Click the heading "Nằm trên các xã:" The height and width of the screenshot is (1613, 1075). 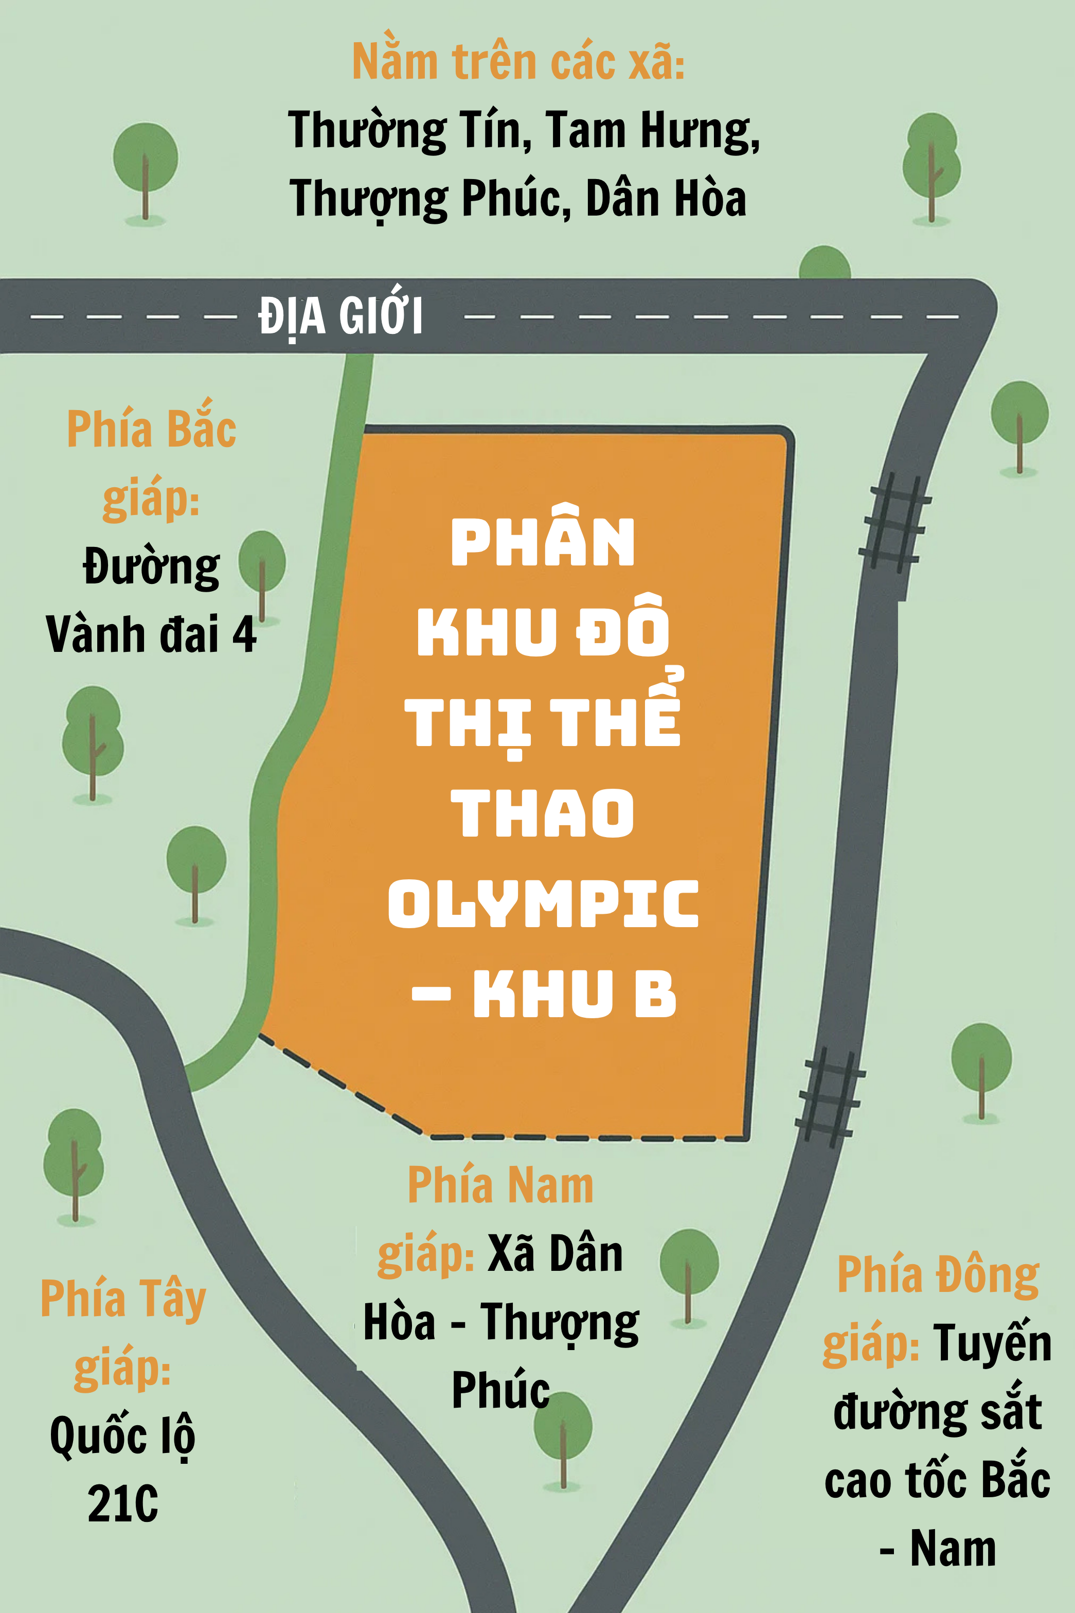click(518, 62)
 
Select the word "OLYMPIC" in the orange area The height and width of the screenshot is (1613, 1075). click(543, 904)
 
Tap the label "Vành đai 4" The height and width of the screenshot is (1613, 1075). click(151, 634)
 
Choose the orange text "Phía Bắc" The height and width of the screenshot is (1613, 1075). click(152, 429)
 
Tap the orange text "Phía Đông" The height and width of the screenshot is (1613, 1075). click(938, 1275)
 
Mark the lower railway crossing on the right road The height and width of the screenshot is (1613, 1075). click(830, 1097)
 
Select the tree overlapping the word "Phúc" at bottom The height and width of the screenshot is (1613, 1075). click(563, 1437)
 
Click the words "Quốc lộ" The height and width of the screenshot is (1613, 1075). click(123, 1435)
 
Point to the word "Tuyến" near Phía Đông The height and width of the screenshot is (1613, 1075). click(991, 1343)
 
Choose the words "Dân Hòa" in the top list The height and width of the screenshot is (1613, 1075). click(665, 199)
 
